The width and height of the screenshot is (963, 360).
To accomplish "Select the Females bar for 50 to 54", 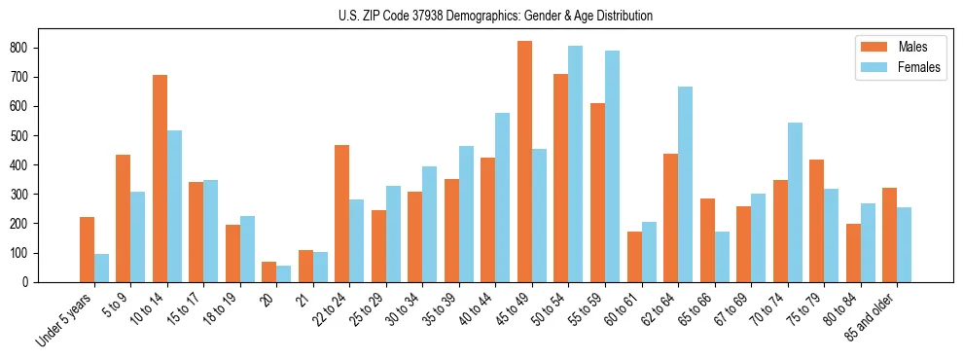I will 575,163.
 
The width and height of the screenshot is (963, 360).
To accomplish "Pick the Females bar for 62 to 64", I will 685,184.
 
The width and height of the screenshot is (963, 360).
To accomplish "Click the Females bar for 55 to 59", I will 612,166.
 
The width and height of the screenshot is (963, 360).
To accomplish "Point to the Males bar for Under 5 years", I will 87,249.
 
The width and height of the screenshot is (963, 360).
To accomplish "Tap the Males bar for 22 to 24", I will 342,213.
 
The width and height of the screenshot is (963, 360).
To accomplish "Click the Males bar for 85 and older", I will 889,234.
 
